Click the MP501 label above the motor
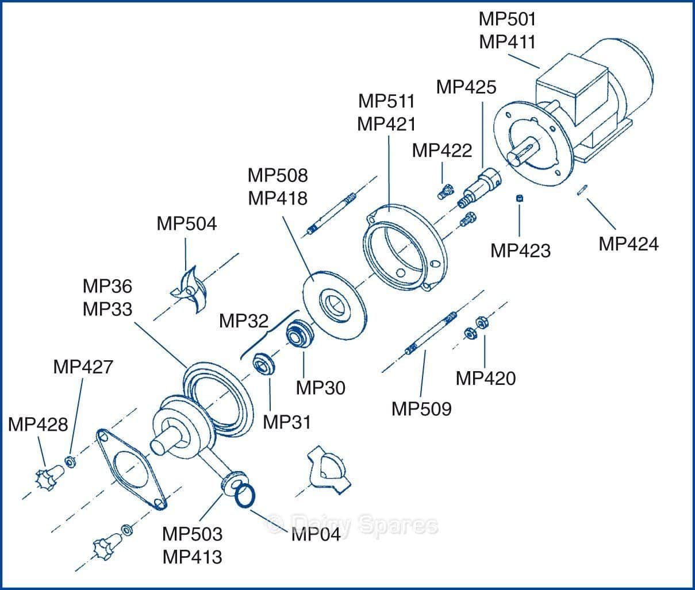[x=508, y=19]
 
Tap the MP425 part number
[x=466, y=87]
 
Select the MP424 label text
[x=628, y=244]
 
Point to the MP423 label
[x=520, y=250]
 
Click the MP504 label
[x=187, y=223]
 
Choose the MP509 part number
[x=421, y=409]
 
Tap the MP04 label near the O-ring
[x=316, y=534]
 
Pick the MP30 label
[x=321, y=388]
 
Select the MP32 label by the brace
[x=244, y=321]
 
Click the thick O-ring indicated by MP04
[x=245, y=495]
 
